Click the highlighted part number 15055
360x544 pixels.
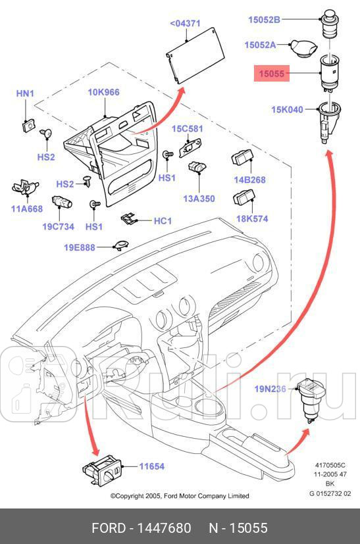coord(271,74)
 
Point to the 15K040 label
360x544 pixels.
coord(288,109)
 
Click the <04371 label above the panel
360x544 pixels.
coord(185,23)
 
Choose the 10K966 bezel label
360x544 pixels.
coord(103,92)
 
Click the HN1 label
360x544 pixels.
coord(25,94)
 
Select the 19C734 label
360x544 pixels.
coord(59,226)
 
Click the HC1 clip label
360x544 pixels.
coord(162,221)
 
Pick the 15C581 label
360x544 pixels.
coord(188,128)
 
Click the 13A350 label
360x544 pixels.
coord(199,199)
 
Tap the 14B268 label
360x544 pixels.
coord(249,180)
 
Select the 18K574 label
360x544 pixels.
coord(252,218)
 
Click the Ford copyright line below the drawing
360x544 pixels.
coord(179,496)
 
